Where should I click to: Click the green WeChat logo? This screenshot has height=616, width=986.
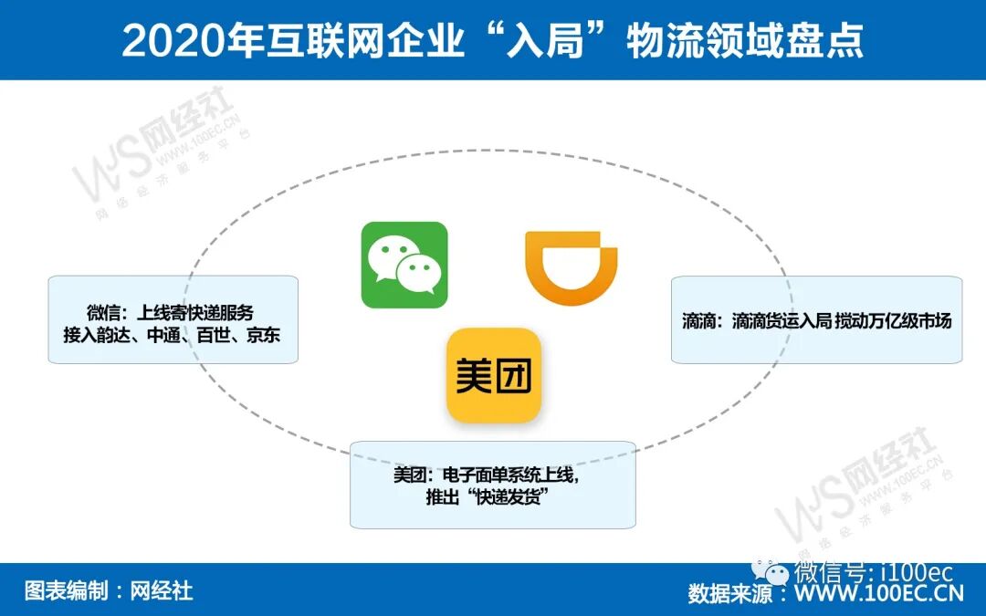(404, 265)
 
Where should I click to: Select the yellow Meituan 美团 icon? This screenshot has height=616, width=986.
(493, 375)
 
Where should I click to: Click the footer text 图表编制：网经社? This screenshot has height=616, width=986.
(109, 590)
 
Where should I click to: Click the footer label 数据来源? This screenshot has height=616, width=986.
(725, 594)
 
